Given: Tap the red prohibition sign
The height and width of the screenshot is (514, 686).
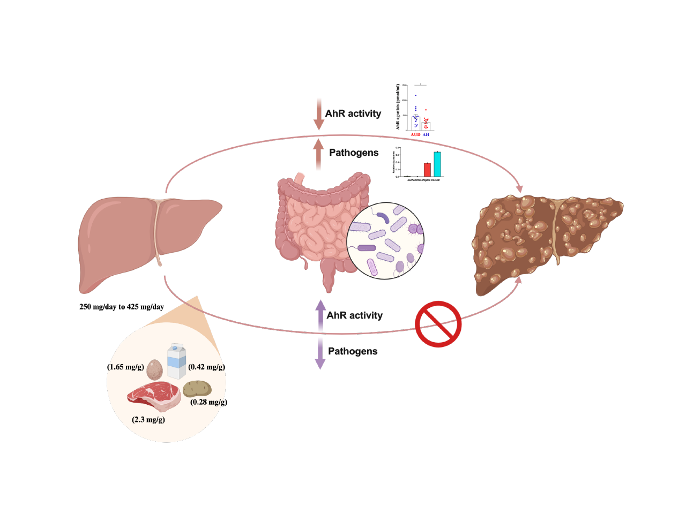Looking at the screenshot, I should [x=438, y=324].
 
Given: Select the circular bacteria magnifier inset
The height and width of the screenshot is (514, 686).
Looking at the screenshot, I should [x=385, y=241].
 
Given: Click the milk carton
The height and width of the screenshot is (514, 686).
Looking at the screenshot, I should [x=176, y=361].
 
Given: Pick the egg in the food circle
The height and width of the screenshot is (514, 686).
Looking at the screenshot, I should [x=154, y=369].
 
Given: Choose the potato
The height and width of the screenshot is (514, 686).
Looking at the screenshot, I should [x=197, y=388].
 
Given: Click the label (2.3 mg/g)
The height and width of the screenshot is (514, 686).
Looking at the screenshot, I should [x=148, y=419].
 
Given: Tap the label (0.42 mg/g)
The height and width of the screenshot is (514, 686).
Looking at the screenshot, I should [x=207, y=367].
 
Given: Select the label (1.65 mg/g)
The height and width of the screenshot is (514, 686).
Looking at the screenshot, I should [x=125, y=367].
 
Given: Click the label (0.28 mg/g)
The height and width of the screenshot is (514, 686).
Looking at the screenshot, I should [x=208, y=402].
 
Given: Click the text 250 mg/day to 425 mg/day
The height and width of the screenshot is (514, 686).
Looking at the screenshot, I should [x=122, y=307].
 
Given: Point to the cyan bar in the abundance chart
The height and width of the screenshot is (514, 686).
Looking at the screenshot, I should [x=437, y=164].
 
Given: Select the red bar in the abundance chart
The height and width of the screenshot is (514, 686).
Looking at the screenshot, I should [x=427, y=170].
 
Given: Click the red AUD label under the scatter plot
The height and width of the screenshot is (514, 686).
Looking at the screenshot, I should [x=415, y=134].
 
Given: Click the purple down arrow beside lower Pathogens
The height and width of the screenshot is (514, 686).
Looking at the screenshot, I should [x=320, y=353].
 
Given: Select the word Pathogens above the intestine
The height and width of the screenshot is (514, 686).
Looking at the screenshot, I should [x=354, y=153].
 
